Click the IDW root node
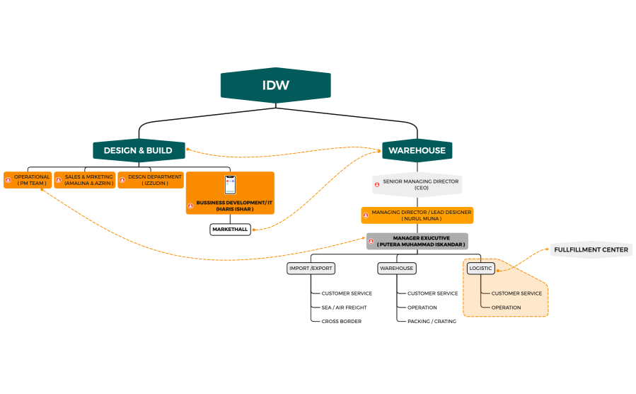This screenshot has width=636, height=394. pos(276,85)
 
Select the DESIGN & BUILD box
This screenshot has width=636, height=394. pos(139,150)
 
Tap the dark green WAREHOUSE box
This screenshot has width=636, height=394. pos(417,150)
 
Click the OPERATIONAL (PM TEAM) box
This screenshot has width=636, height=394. pos(28,180)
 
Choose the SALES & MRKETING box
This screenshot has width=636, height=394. pos(84,180)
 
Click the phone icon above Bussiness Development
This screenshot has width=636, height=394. pos(230,185)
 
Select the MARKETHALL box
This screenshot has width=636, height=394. pos(230,230)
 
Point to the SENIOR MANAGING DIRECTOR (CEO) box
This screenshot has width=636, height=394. pos(417,185)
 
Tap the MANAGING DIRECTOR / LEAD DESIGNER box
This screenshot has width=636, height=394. pos(417,215)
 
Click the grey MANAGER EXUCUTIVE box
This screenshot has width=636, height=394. pos(417,241)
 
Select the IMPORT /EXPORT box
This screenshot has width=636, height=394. pos(311,269)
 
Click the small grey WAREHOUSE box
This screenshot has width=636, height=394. pos(396,269)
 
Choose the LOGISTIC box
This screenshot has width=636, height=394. pos(480,269)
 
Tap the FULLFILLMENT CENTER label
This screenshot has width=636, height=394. pos(591,249)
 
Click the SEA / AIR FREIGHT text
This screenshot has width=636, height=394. pos(344,308)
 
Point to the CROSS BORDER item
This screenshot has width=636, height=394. pos(341,321)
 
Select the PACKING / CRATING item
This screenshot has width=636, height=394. pos(432,321)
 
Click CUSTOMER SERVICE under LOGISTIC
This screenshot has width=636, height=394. pos(516,293)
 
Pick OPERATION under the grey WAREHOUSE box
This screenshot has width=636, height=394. pos(422,308)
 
